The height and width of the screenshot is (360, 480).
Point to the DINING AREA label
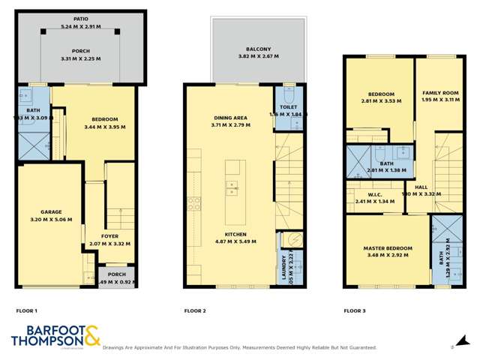231,117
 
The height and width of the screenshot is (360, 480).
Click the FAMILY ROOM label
436,92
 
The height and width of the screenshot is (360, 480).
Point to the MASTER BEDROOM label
388,248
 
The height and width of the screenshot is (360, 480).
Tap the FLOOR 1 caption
26,310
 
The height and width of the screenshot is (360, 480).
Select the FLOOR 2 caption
195,310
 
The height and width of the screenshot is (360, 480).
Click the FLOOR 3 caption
355,310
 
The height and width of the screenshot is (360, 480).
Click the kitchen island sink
232,185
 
